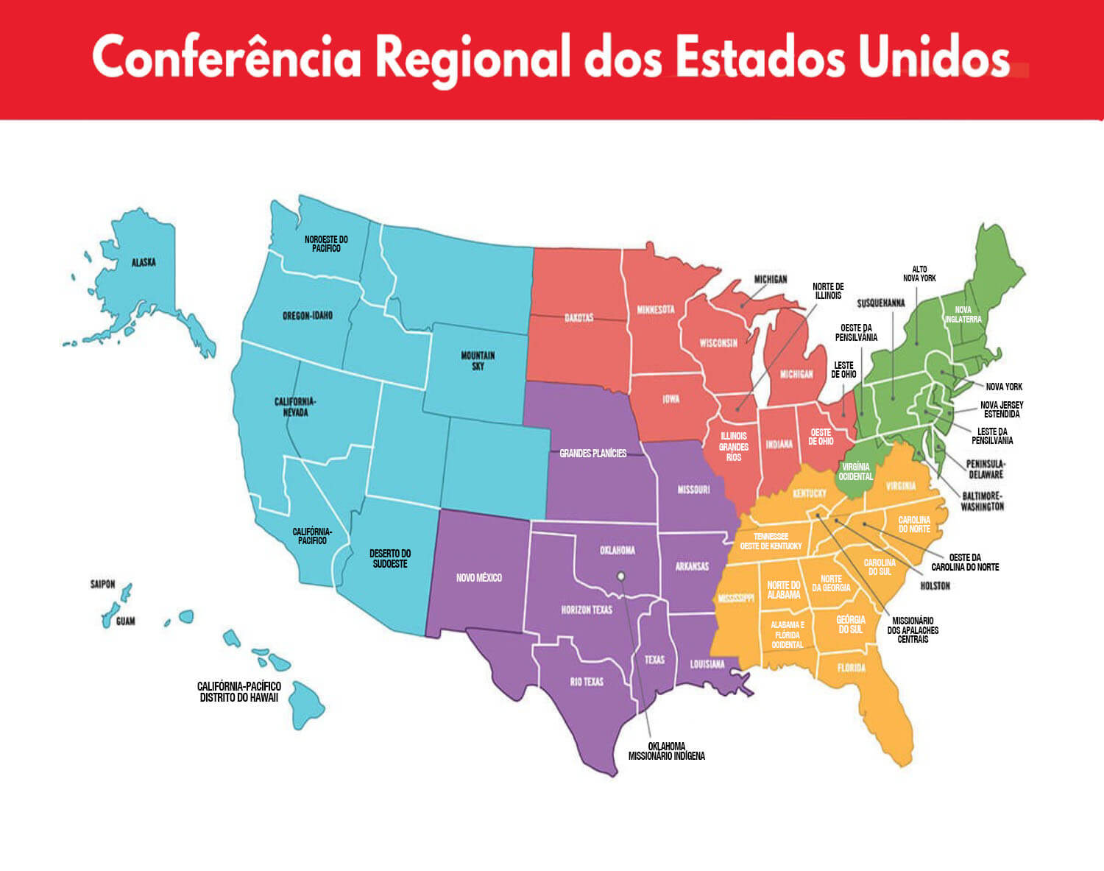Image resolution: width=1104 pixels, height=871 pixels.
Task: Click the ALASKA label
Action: click(144, 262)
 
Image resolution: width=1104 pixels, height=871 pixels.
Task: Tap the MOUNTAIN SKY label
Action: click(478, 361)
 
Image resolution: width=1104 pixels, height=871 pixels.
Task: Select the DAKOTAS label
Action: click(578, 318)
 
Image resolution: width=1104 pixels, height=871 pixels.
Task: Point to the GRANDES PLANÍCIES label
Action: click(593, 454)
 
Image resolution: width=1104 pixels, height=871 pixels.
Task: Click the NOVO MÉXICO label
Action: click(478, 578)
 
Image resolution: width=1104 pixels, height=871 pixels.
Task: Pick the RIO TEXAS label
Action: click(587, 682)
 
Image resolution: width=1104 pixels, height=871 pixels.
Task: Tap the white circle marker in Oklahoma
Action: click(620, 576)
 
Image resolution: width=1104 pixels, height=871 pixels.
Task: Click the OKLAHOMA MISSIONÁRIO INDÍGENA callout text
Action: click(666, 751)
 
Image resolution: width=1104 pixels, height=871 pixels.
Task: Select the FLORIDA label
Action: click(852, 669)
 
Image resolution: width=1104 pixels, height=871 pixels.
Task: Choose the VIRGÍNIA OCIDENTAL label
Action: click(855, 471)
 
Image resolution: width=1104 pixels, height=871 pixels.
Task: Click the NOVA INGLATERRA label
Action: click(963, 314)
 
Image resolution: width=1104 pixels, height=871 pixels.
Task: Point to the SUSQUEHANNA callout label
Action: click(881, 303)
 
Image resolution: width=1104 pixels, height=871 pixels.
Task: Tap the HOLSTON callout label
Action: click(935, 586)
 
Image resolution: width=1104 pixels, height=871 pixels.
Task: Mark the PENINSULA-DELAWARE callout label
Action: click(986, 469)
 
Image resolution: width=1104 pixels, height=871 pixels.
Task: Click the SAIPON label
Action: click(103, 585)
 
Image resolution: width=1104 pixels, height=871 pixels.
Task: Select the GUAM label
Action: click(125, 621)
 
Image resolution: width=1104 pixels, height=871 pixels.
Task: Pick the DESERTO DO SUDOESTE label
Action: click(390, 559)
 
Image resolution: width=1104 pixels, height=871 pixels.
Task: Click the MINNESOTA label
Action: click(656, 309)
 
